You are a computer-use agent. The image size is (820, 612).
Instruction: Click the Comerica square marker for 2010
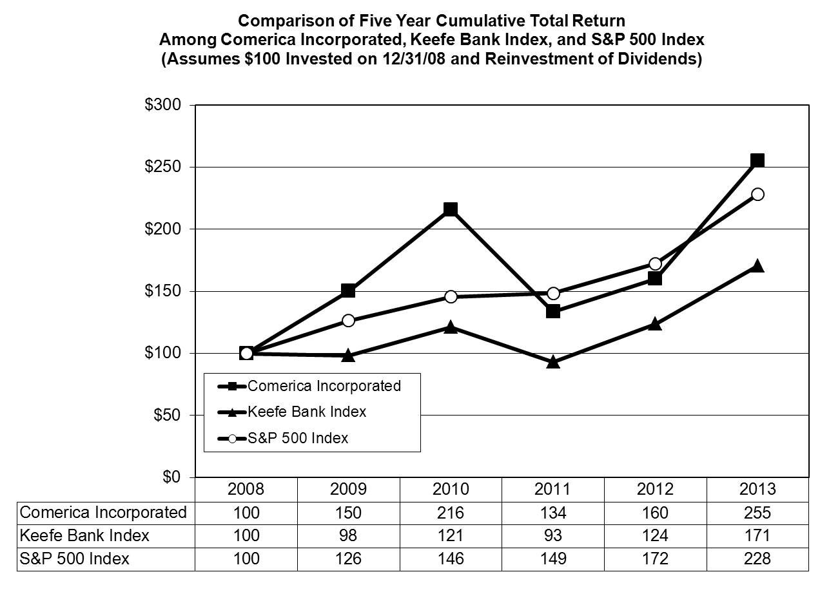(451, 209)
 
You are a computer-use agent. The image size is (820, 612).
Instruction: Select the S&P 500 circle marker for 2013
(757, 194)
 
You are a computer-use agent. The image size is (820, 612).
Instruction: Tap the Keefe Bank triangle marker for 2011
(552, 362)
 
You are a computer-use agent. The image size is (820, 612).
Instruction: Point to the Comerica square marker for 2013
(757, 160)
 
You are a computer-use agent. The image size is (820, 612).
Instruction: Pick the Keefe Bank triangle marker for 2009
(348, 355)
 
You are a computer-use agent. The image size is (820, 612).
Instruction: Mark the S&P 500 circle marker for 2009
(348, 320)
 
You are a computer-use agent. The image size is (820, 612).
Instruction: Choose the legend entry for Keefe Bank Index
(306, 412)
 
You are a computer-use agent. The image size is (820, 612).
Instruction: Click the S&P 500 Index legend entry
(297, 438)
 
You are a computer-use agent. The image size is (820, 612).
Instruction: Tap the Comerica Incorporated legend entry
(324, 386)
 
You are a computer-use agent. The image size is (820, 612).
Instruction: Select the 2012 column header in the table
(655, 489)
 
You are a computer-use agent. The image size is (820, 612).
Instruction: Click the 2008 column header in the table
(246, 489)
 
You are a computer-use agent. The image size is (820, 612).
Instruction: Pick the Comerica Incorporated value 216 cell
(451, 513)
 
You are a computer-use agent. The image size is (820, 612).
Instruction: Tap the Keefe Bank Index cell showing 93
(552, 535)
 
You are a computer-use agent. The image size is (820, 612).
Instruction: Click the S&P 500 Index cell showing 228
(757, 559)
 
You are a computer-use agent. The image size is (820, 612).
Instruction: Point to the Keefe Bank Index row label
(84, 535)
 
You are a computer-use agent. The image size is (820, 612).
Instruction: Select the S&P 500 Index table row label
(75, 559)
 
